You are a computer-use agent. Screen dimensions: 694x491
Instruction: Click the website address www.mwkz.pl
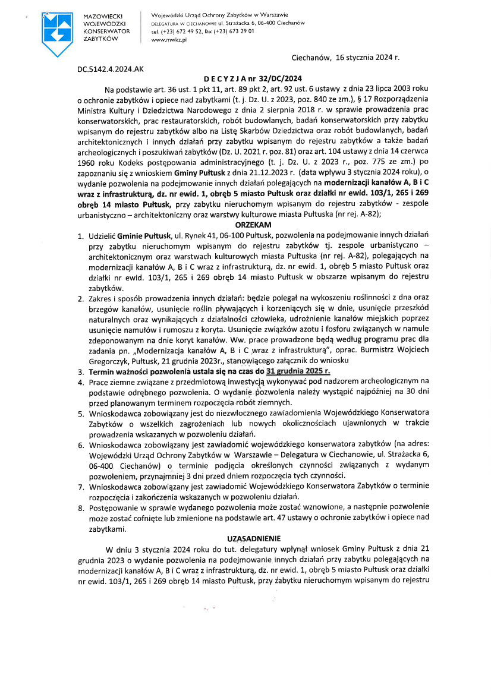point(169,39)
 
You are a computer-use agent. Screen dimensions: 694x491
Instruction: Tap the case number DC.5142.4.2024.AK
point(111,69)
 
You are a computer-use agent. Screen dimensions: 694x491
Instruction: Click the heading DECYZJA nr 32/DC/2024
point(253,78)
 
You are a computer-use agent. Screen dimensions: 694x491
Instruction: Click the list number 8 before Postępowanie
point(81,506)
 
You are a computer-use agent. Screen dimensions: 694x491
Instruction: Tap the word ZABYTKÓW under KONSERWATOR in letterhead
point(101,38)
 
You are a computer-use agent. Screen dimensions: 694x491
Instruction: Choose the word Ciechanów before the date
point(312,58)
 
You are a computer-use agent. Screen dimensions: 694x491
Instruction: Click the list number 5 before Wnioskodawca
point(81,412)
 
